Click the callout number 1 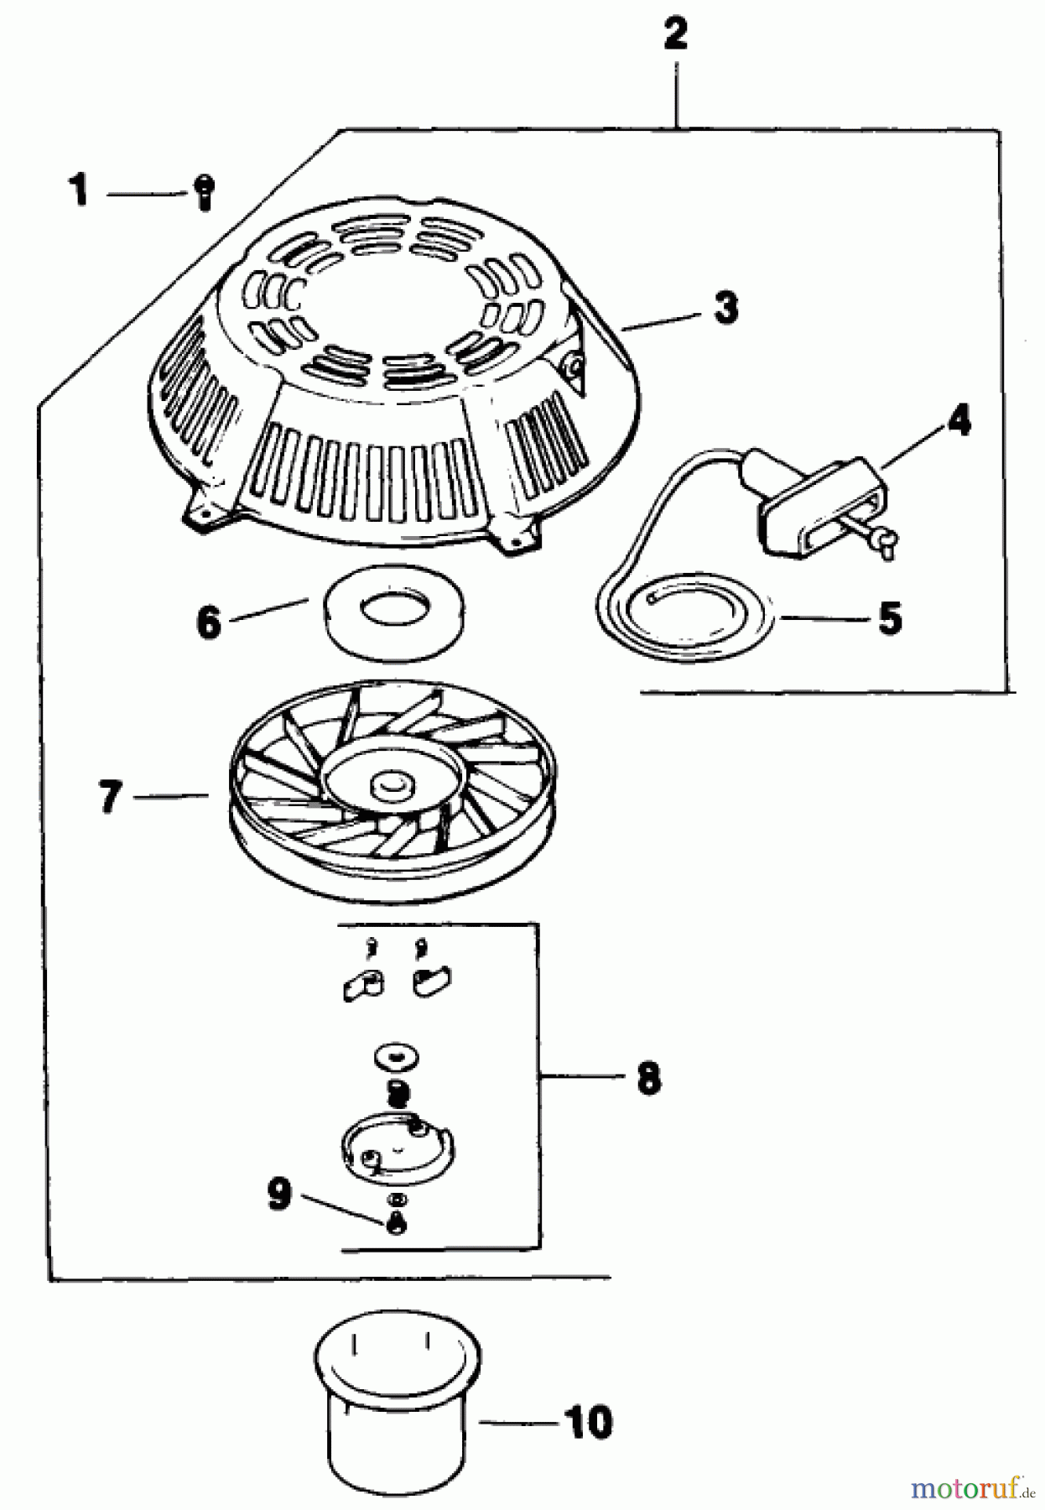pyautogui.click(x=78, y=190)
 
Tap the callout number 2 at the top pyautogui.click(x=675, y=34)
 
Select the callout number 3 pyautogui.click(x=726, y=307)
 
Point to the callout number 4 pyautogui.click(x=958, y=420)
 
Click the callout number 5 pyautogui.click(x=890, y=618)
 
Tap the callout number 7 pyautogui.click(x=110, y=796)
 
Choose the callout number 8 pyautogui.click(x=648, y=1078)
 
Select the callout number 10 pyautogui.click(x=589, y=1423)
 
